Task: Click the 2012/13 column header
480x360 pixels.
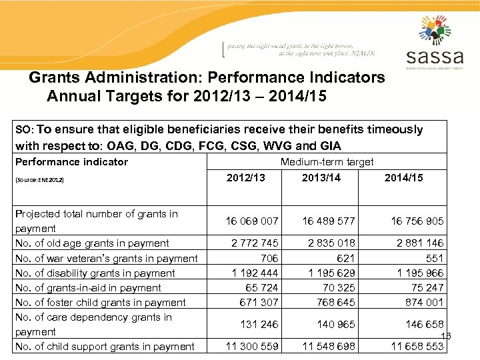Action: [x=245, y=177]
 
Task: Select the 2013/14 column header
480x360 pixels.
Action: [x=321, y=177]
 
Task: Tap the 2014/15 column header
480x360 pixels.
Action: [x=404, y=177]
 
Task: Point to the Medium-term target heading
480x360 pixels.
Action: [x=327, y=161]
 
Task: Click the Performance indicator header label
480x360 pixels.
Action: [x=71, y=161]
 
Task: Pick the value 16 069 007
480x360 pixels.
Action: [x=252, y=221]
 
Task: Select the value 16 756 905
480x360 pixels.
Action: [x=417, y=221]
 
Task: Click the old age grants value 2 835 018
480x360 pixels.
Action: [x=329, y=243]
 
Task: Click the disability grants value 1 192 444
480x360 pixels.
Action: [x=255, y=273]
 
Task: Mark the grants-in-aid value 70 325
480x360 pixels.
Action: [x=337, y=287]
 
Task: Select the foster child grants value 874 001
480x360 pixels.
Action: [x=424, y=302]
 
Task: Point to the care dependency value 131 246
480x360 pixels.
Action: [x=260, y=325]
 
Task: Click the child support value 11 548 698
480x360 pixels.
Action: [x=329, y=346]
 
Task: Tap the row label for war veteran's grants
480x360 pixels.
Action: [x=106, y=258]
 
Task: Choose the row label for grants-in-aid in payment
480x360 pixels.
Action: [x=88, y=287]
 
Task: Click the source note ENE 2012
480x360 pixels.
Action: [x=39, y=180]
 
